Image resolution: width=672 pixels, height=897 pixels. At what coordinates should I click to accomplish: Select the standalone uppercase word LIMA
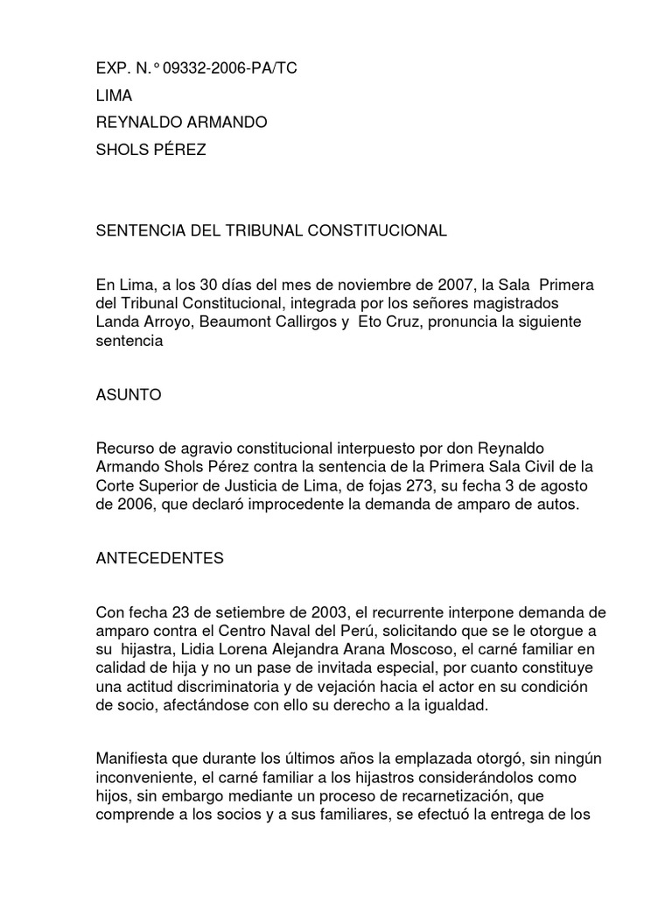(x=114, y=95)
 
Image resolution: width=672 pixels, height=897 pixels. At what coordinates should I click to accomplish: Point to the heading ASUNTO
(x=129, y=396)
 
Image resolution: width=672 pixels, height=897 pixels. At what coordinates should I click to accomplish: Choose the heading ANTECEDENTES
(x=159, y=559)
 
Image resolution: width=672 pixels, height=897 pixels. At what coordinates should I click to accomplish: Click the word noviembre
(x=368, y=286)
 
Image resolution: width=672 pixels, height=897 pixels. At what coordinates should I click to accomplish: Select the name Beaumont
(x=234, y=321)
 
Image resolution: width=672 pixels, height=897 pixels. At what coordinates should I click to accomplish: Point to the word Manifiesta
(x=136, y=757)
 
